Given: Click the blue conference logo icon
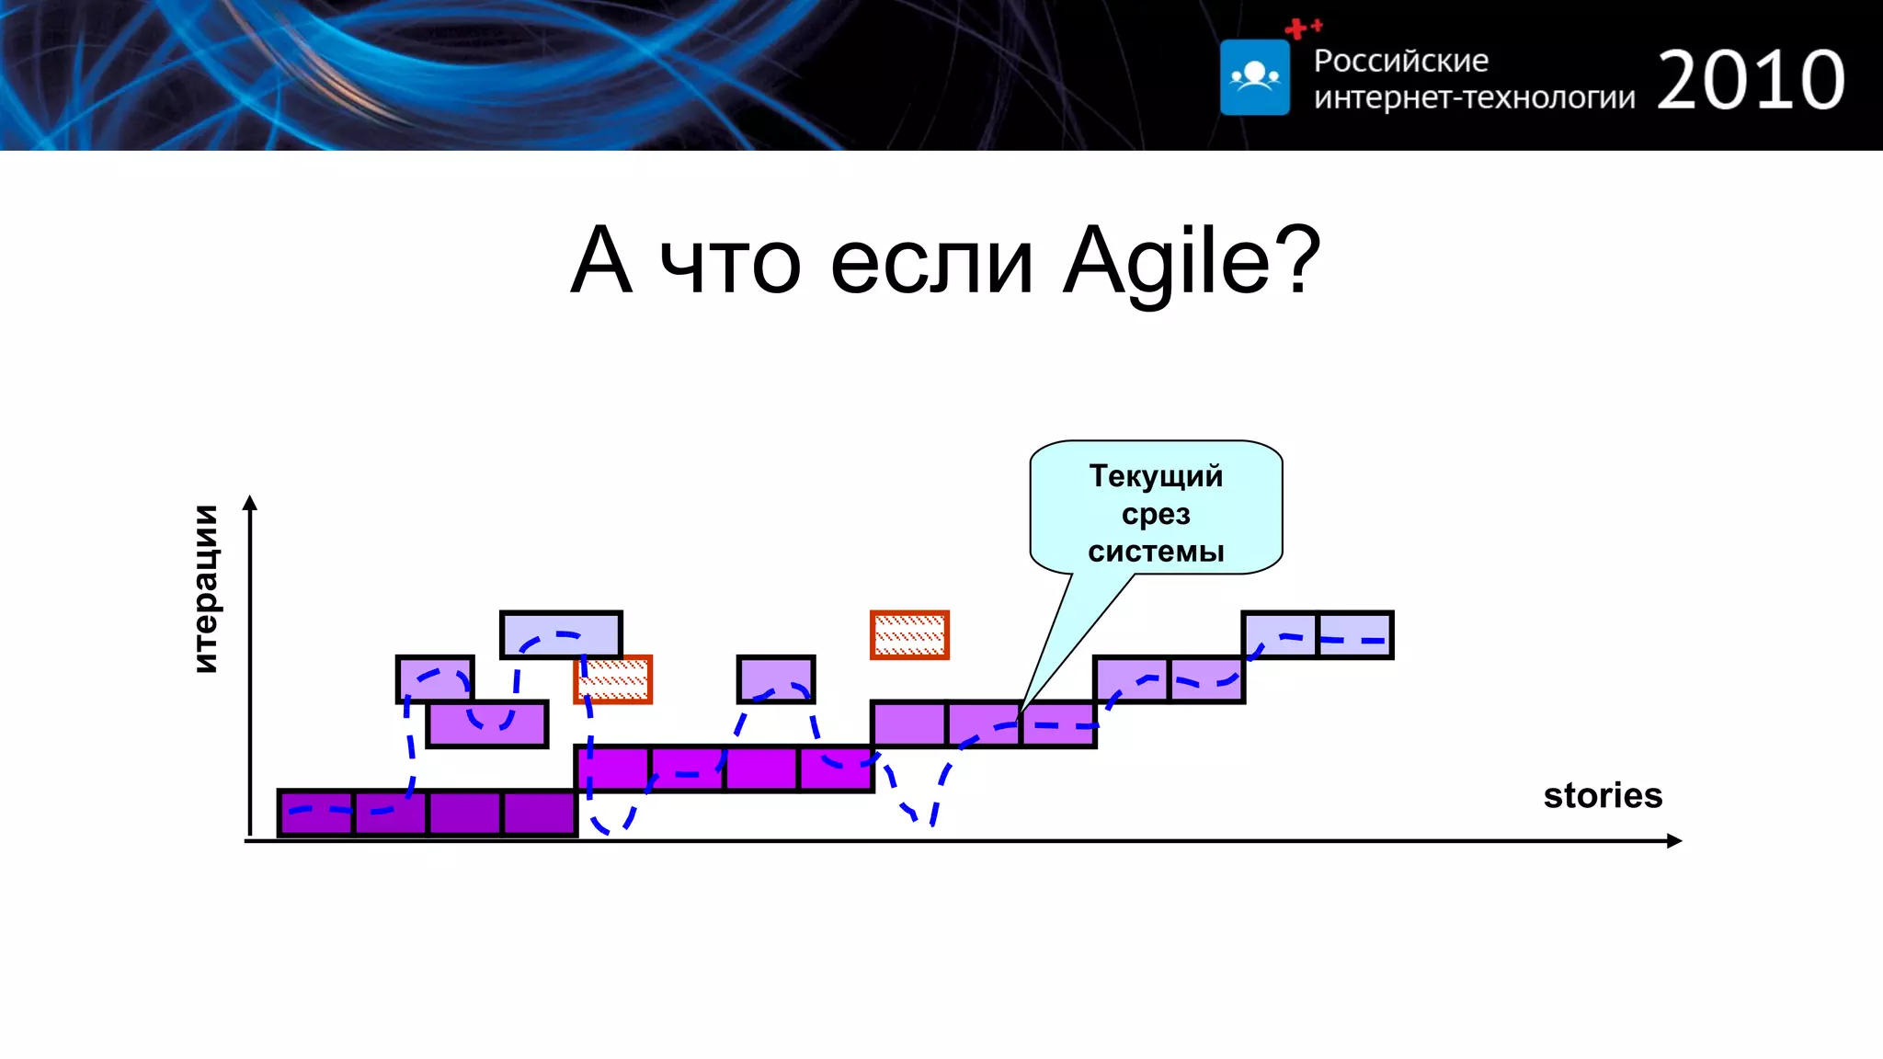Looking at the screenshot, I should [x=1254, y=77].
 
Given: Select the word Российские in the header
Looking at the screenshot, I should [x=1400, y=61].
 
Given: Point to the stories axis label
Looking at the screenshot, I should [x=1603, y=795].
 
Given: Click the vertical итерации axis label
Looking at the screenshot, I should [x=207, y=588].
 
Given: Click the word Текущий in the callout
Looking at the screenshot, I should [x=1156, y=476].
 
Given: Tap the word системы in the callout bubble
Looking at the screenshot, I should [x=1156, y=552].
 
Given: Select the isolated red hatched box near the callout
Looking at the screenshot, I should [x=909, y=634].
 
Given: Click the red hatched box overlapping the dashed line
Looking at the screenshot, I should [x=614, y=680].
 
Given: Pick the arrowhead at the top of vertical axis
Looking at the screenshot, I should [x=250, y=502].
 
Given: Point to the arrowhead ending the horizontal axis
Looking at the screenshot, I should [x=1674, y=840].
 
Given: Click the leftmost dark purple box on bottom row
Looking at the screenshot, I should [x=316, y=813].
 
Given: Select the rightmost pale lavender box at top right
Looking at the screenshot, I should [x=1355, y=634].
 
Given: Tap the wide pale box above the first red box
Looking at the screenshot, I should [x=561, y=634].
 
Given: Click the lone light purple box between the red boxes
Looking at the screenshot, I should [x=776, y=679].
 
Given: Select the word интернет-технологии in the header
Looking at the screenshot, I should [x=1474, y=97].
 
